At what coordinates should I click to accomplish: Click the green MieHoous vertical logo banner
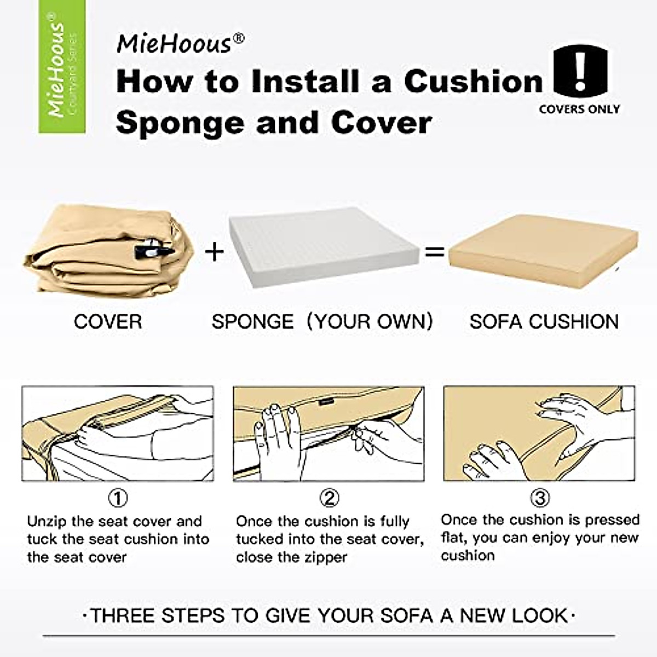pos(62,66)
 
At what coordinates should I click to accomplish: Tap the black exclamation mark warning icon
pos(580,71)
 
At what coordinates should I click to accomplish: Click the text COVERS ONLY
pos(579,109)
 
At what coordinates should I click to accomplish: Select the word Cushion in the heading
pos(474,81)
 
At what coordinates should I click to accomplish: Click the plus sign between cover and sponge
pos(215,252)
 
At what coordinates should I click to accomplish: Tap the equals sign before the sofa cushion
pos(434,252)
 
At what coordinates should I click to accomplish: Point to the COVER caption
pos(108,321)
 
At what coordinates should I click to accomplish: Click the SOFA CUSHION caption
pos(544,321)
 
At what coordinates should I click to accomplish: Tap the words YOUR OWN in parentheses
pos(370,321)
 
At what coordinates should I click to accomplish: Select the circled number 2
pos(329,498)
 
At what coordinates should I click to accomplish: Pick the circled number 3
pos(540,498)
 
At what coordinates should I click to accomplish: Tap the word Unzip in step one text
pos(47,521)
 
